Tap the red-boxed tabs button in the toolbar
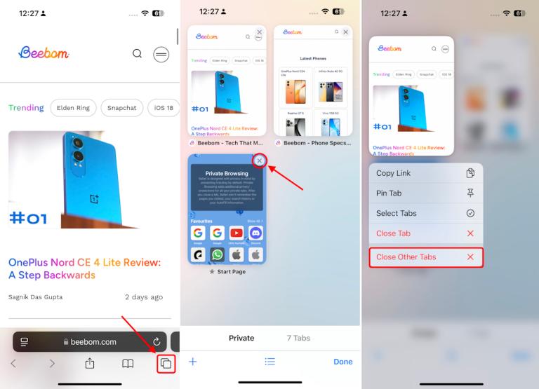pyautogui.click(x=166, y=364)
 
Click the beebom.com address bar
pyautogui.click(x=90, y=341)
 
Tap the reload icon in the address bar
pyautogui.click(x=156, y=341)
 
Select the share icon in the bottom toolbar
pyautogui.click(x=89, y=364)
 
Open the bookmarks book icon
pyautogui.click(x=128, y=364)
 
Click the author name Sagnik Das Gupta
pyautogui.click(x=35, y=297)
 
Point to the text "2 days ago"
pyautogui.click(x=144, y=297)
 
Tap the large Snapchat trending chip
pyautogui.click(x=122, y=108)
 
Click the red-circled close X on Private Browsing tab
pyautogui.click(x=260, y=161)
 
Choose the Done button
pyautogui.click(x=343, y=362)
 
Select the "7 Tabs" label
pyautogui.click(x=298, y=338)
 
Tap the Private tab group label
pyautogui.click(x=241, y=338)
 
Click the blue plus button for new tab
pyautogui.click(x=193, y=362)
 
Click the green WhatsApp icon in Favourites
pyautogui.click(x=218, y=254)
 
